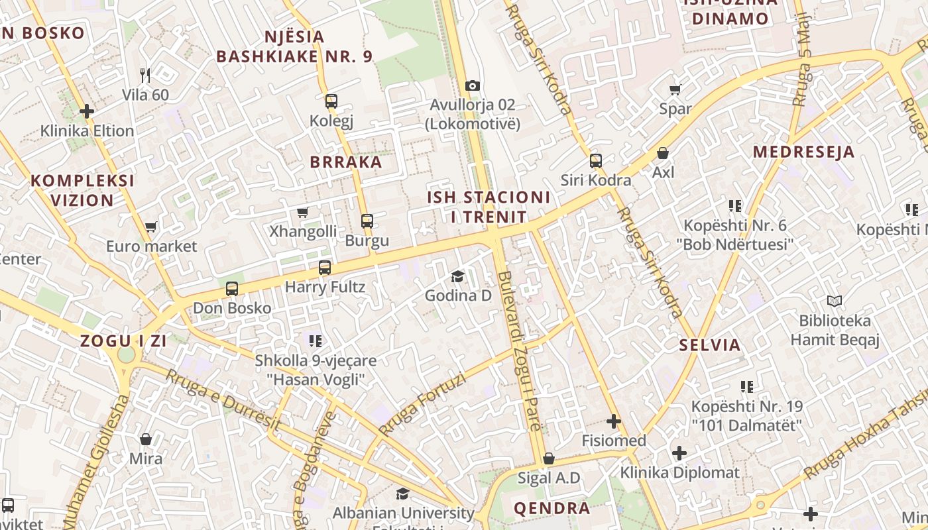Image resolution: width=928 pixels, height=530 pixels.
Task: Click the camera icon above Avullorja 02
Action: [x=472, y=85]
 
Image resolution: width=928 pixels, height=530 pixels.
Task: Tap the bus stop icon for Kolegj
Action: [x=331, y=101]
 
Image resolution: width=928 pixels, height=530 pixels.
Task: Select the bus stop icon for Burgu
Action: [x=367, y=221]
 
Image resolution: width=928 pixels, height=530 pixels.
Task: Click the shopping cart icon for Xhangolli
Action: [x=303, y=212]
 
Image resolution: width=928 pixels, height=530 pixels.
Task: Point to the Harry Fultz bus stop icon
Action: [x=325, y=268]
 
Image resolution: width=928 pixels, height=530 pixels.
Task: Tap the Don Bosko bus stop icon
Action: [x=232, y=289]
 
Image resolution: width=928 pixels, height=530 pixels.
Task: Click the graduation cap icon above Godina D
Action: [x=457, y=276]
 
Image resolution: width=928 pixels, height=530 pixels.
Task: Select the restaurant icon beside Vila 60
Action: [x=146, y=76]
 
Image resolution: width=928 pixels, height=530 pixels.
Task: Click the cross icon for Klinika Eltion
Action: [x=87, y=111]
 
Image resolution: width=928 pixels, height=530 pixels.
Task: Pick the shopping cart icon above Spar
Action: [x=675, y=89]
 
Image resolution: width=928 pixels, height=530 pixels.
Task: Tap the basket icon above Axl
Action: [x=662, y=153]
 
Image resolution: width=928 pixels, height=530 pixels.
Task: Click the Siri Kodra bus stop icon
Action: [x=596, y=160]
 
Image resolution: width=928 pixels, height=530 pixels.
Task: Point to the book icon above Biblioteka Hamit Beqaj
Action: [x=834, y=301]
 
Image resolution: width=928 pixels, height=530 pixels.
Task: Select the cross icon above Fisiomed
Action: [x=614, y=421]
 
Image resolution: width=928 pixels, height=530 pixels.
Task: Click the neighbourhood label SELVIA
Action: [x=710, y=344]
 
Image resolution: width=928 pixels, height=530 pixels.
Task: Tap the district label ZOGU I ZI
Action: [x=123, y=341]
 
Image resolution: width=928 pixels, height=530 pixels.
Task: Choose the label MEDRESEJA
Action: [x=803, y=152]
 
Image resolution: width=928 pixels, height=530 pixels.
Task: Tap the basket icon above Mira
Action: [x=146, y=439]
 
